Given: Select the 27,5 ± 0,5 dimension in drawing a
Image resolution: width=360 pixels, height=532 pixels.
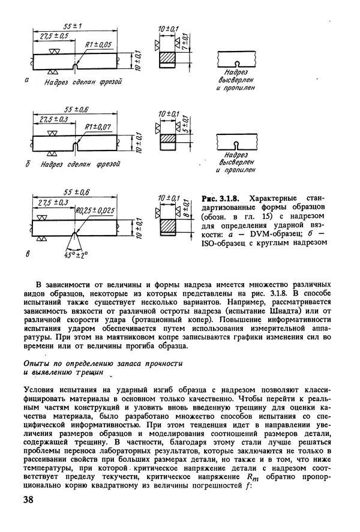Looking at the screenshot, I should tap(53, 36).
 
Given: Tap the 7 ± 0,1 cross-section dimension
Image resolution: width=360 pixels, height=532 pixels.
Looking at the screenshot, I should tap(185, 44).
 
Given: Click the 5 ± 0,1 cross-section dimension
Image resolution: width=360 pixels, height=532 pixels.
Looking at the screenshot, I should tap(185, 127).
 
